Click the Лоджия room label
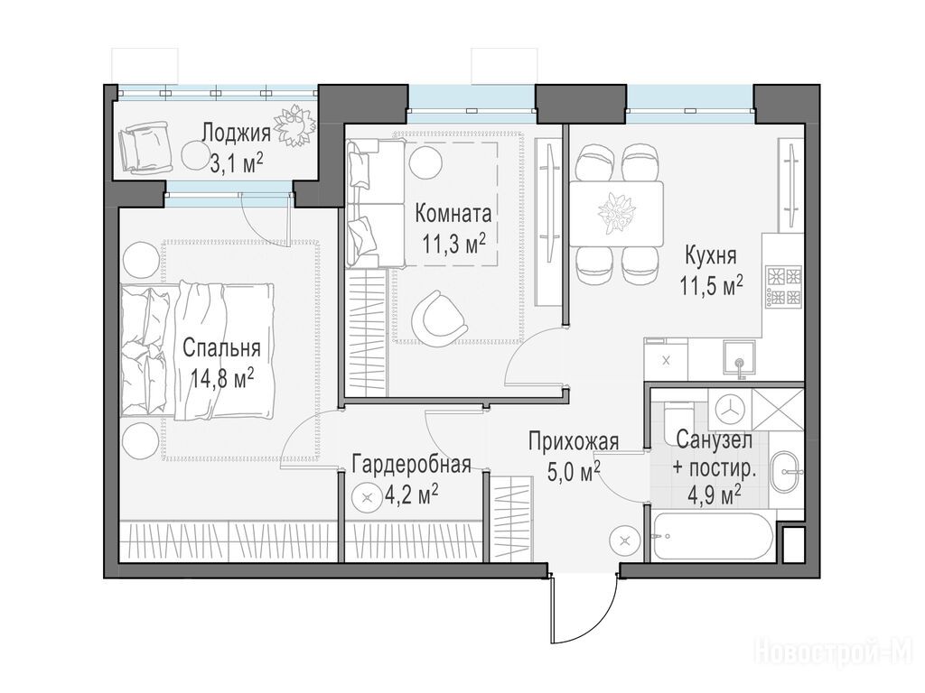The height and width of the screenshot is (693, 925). click(236, 134)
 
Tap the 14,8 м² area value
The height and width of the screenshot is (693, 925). click(222, 378)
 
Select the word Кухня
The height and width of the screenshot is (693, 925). click(710, 256)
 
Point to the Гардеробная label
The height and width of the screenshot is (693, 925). click(411, 465)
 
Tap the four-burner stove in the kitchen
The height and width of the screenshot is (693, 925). click(783, 287)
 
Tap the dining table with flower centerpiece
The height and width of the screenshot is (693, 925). click(616, 213)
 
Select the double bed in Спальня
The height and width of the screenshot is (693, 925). click(197, 351)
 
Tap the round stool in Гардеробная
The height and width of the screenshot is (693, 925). click(367, 498)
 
